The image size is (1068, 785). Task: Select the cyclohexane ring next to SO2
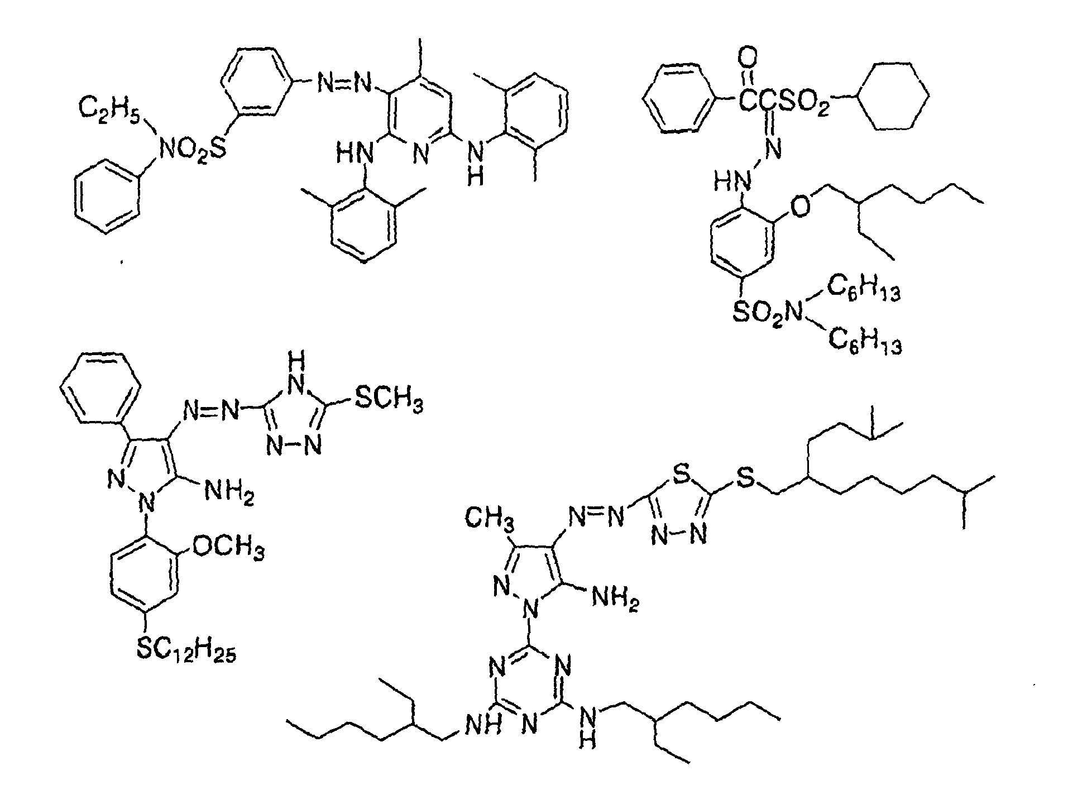click(894, 97)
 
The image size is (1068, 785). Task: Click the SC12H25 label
click(186, 650)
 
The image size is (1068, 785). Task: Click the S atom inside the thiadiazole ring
click(679, 476)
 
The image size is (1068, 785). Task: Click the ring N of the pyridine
click(422, 155)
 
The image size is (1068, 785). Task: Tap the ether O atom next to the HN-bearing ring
click(801, 207)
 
